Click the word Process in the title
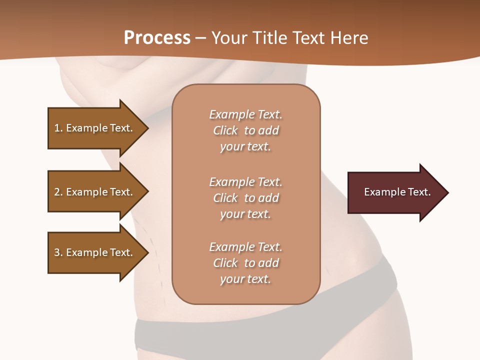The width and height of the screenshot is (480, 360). [157, 38]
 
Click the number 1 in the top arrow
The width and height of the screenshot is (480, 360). [57, 128]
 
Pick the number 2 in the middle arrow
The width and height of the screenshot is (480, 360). [57, 192]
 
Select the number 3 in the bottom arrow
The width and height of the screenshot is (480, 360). [57, 252]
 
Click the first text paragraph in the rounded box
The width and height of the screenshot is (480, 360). [245, 130]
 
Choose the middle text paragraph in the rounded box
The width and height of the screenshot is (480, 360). [245, 198]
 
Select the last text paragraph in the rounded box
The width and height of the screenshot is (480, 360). [245, 263]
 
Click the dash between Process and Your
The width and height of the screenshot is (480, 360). [200, 38]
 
